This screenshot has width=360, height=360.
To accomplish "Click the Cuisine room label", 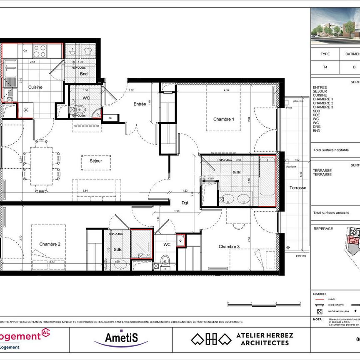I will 35,87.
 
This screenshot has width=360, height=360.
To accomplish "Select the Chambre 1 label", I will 223,119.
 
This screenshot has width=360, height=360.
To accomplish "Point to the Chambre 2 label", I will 50,244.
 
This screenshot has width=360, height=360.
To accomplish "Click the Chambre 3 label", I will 229,247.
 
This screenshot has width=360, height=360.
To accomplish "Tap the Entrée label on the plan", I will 140,104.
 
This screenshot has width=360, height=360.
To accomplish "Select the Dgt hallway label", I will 185,203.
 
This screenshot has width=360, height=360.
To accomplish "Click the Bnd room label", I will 84,74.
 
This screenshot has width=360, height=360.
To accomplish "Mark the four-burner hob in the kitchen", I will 40,51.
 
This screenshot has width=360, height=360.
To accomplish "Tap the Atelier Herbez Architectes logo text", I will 265,339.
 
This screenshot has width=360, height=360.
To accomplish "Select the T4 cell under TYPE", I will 325,67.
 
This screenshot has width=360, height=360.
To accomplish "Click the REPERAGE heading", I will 323,228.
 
